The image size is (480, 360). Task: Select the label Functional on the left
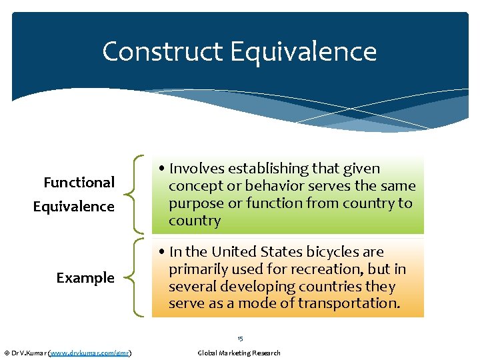(79, 182)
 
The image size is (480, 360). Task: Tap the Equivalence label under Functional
(74, 207)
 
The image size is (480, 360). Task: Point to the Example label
(85, 277)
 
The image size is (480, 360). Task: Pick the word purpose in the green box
(195, 203)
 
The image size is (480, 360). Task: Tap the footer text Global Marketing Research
(239, 353)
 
